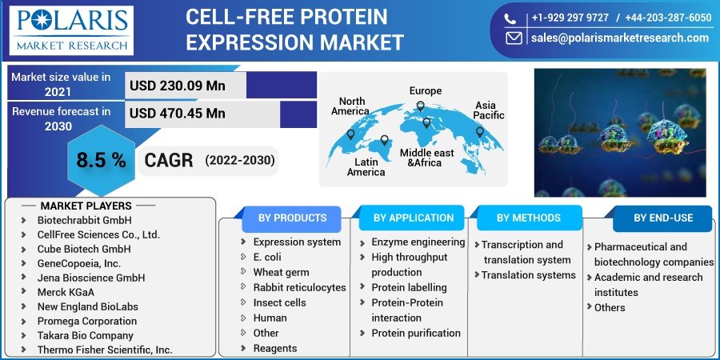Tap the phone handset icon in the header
[x=510, y=18]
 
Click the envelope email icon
[x=514, y=38]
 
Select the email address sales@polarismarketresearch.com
[x=619, y=38]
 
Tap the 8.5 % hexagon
[x=101, y=160]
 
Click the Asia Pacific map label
[x=490, y=110]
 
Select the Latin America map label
[x=366, y=167]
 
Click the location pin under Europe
[x=426, y=122]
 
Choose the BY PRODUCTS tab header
[x=292, y=218]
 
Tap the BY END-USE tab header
[x=663, y=218]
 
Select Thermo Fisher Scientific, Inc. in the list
[x=104, y=350]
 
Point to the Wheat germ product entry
[x=281, y=272]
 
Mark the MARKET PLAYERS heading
[x=86, y=206]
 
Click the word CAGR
[x=169, y=160]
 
